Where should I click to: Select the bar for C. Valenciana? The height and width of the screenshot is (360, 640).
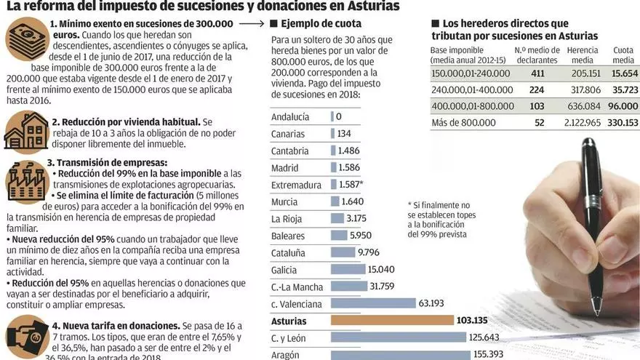click(373, 303)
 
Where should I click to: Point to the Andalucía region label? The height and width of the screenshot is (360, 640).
click(290, 116)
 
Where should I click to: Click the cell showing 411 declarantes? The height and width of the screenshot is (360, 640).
click(537, 73)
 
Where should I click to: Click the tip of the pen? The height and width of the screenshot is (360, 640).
click(596, 313)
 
